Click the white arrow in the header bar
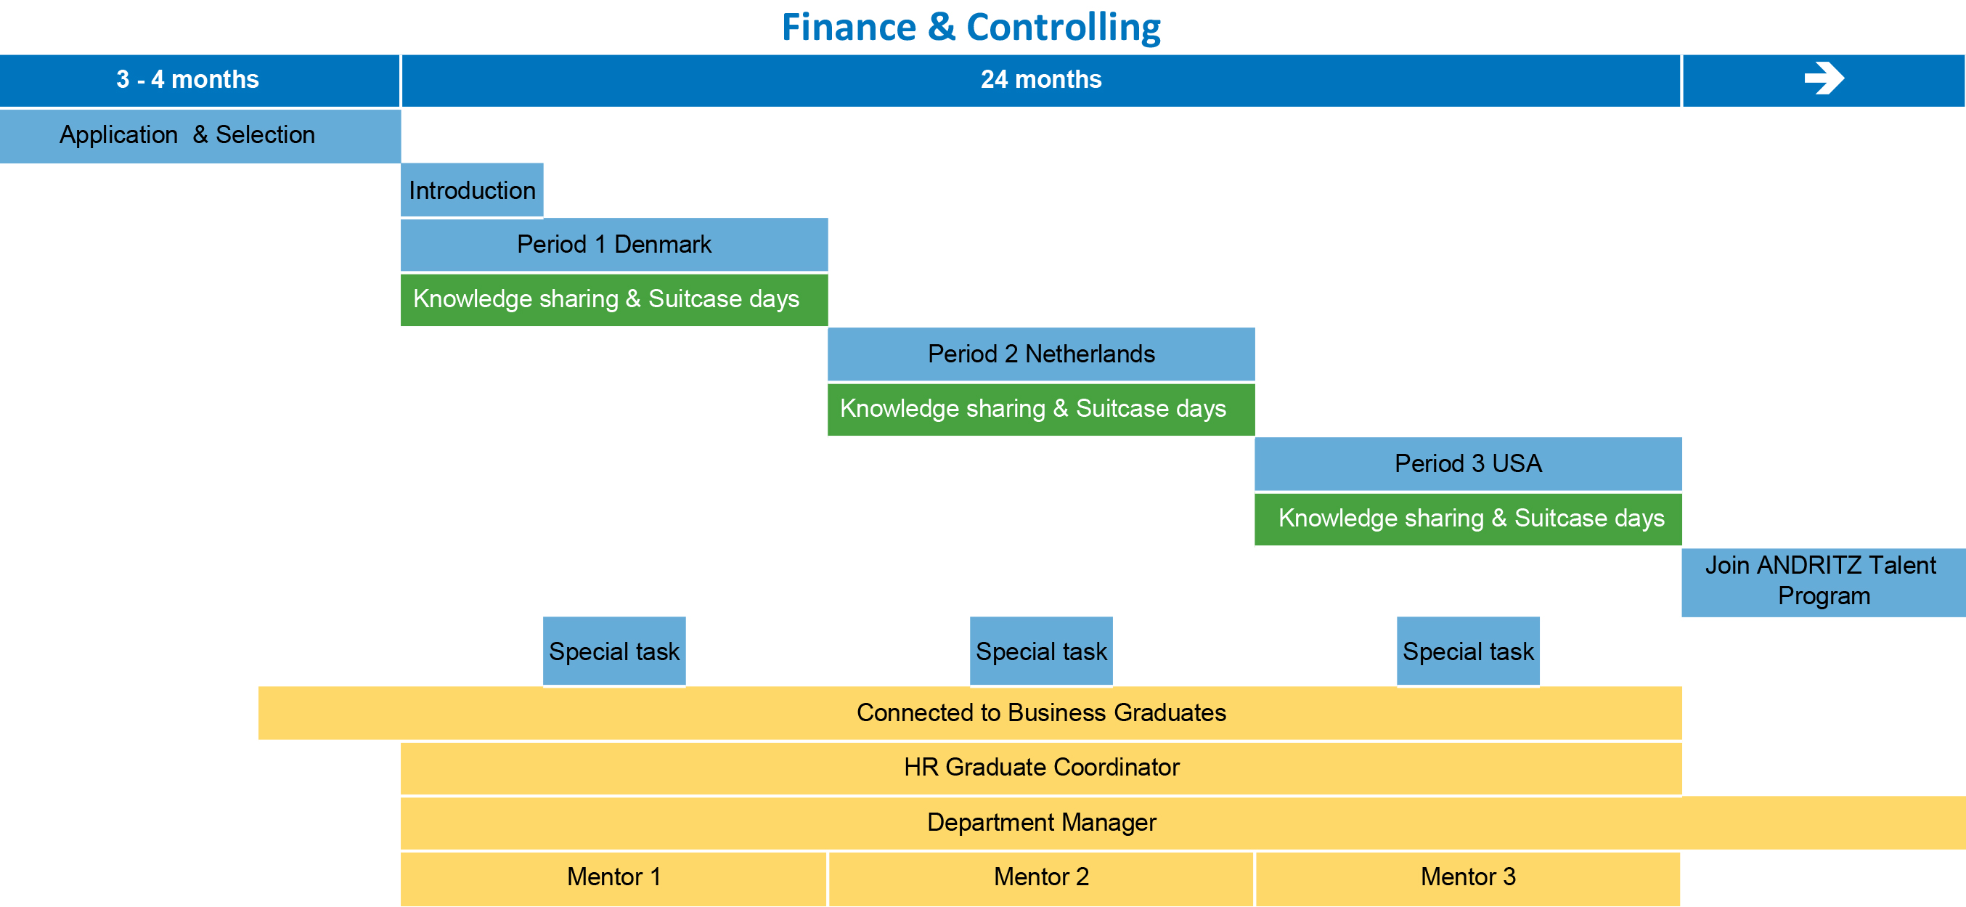pos(1824,78)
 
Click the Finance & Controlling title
pos(971,28)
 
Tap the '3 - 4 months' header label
pos(188,79)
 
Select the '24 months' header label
pos(1041,79)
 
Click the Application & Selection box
pos(200,136)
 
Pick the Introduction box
pos(472,190)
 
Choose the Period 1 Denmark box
pos(614,245)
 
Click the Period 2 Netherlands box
pos(1041,354)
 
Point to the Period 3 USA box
pos(1469,463)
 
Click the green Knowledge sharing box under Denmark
pos(614,300)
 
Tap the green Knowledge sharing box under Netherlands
pos(1041,410)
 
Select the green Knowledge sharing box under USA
pos(1469,519)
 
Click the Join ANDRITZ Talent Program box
pos(1824,582)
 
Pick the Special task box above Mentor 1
pos(614,651)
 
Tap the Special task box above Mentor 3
pos(1469,651)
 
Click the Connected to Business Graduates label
pos(1041,713)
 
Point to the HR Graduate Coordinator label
pos(1041,768)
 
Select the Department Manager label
pos(1041,823)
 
